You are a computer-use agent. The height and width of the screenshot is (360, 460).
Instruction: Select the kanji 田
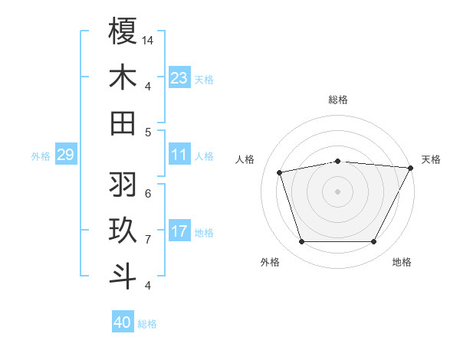click(x=123, y=123)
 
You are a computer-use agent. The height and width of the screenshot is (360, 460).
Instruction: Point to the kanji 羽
click(x=123, y=184)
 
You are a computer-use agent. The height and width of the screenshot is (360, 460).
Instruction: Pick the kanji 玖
click(x=123, y=231)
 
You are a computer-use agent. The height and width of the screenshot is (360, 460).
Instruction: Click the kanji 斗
click(x=123, y=277)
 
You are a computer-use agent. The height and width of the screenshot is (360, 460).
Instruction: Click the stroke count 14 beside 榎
click(x=149, y=40)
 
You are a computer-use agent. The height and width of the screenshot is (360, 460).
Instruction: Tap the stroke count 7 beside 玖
click(x=147, y=240)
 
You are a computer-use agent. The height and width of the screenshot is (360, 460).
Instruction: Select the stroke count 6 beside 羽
click(x=147, y=193)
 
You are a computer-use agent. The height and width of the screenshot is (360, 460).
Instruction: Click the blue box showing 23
click(x=179, y=77)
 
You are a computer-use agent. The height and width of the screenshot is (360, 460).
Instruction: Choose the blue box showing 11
click(x=179, y=155)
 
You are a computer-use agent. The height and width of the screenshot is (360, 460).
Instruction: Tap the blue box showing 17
click(x=179, y=231)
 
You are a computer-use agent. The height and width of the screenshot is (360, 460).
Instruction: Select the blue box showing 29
click(x=66, y=155)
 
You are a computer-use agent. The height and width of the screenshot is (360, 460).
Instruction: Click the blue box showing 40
click(x=123, y=322)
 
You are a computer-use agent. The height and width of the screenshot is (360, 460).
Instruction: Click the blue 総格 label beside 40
click(x=148, y=324)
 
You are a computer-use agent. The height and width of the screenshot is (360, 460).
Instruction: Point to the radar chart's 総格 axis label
click(x=338, y=100)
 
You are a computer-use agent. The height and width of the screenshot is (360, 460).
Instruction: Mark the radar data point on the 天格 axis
click(x=411, y=167)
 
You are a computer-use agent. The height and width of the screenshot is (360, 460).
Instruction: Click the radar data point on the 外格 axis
click(x=301, y=242)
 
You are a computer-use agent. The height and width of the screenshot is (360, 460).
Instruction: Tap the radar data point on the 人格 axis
click(x=279, y=172)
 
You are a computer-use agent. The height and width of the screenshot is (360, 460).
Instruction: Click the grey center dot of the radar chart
click(x=338, y=191)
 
